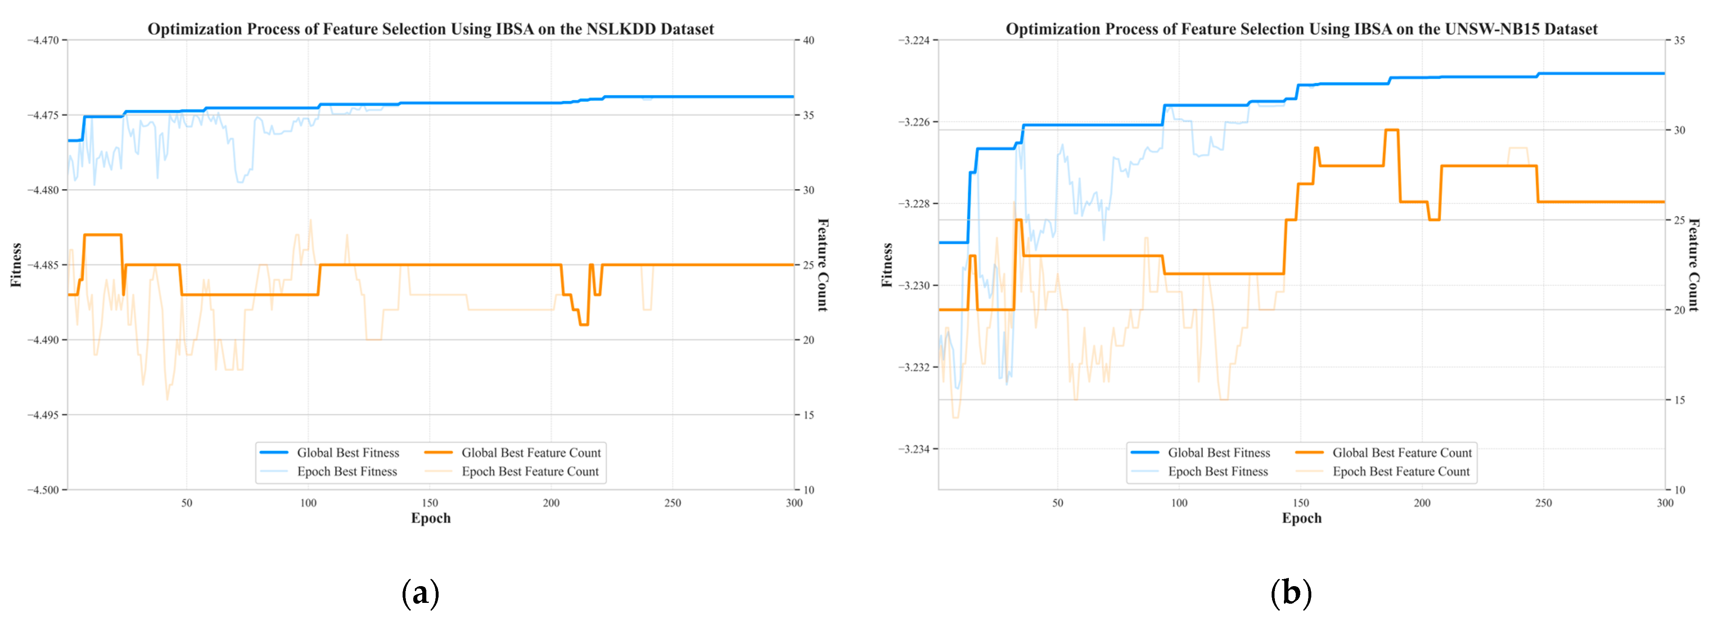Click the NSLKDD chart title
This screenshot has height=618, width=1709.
(430, 29)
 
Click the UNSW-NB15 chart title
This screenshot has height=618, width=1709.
(1301, 29)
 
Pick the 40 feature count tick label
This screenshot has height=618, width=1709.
(809, 40)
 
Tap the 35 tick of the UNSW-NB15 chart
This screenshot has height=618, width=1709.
(1679, 40)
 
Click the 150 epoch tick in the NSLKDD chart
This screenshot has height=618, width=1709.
(430, 503)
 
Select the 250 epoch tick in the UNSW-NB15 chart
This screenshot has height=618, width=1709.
(1543, 503)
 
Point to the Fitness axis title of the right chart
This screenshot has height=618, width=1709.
(887, 265)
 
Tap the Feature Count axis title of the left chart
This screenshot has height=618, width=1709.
(823, 265)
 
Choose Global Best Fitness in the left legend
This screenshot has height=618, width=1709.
(348, 453)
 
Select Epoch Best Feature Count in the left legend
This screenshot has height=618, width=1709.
(529, 471)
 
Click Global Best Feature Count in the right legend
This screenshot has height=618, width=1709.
(1402, 453)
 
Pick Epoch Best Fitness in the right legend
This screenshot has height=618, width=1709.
(1217, 471)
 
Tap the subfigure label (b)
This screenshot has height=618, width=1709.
(1291, 593)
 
